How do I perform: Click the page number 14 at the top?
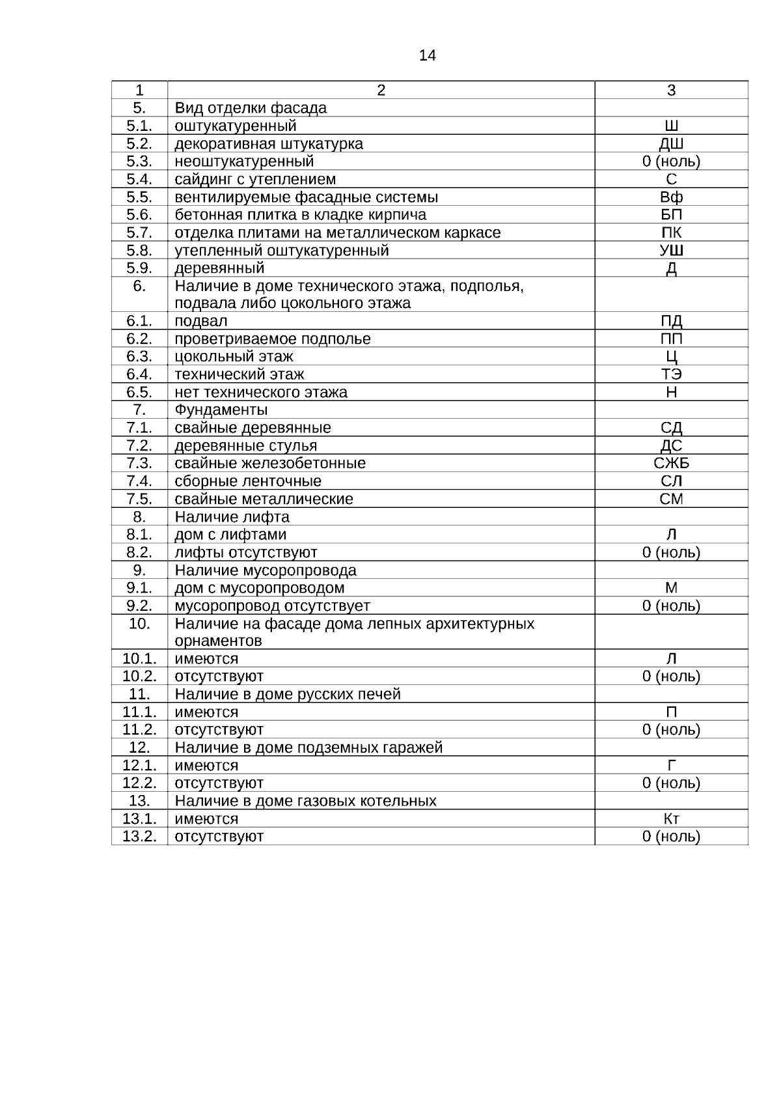(x=427, y=55)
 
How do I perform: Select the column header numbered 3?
(x=671, y=91)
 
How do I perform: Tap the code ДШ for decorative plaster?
(x=671, y=144)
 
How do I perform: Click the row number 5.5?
(x=139, y=197)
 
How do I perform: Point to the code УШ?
(x=671, y=251)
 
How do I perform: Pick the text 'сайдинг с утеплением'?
(x=255, y=179)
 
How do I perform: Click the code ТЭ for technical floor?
(x=671, y=374)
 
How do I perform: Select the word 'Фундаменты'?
(x=221, y=410)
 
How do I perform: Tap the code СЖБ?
(x=671, y=464)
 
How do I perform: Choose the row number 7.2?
(x=139, y=446)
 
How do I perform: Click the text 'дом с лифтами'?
(x=230, y=535)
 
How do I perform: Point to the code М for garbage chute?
(x=671, y=588)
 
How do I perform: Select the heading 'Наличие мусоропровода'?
(x=266, y=570)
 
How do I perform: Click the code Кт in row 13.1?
(x=671, y=819)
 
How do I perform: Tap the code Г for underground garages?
(x=671, y=766)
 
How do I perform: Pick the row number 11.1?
(x=139, y=712)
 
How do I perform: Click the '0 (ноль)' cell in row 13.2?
(x=671, y=837)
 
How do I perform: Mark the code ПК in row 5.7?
(x=671, y=233)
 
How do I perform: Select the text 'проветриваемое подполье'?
(x=273, y=339)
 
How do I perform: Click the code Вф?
(x=671, y=197)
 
